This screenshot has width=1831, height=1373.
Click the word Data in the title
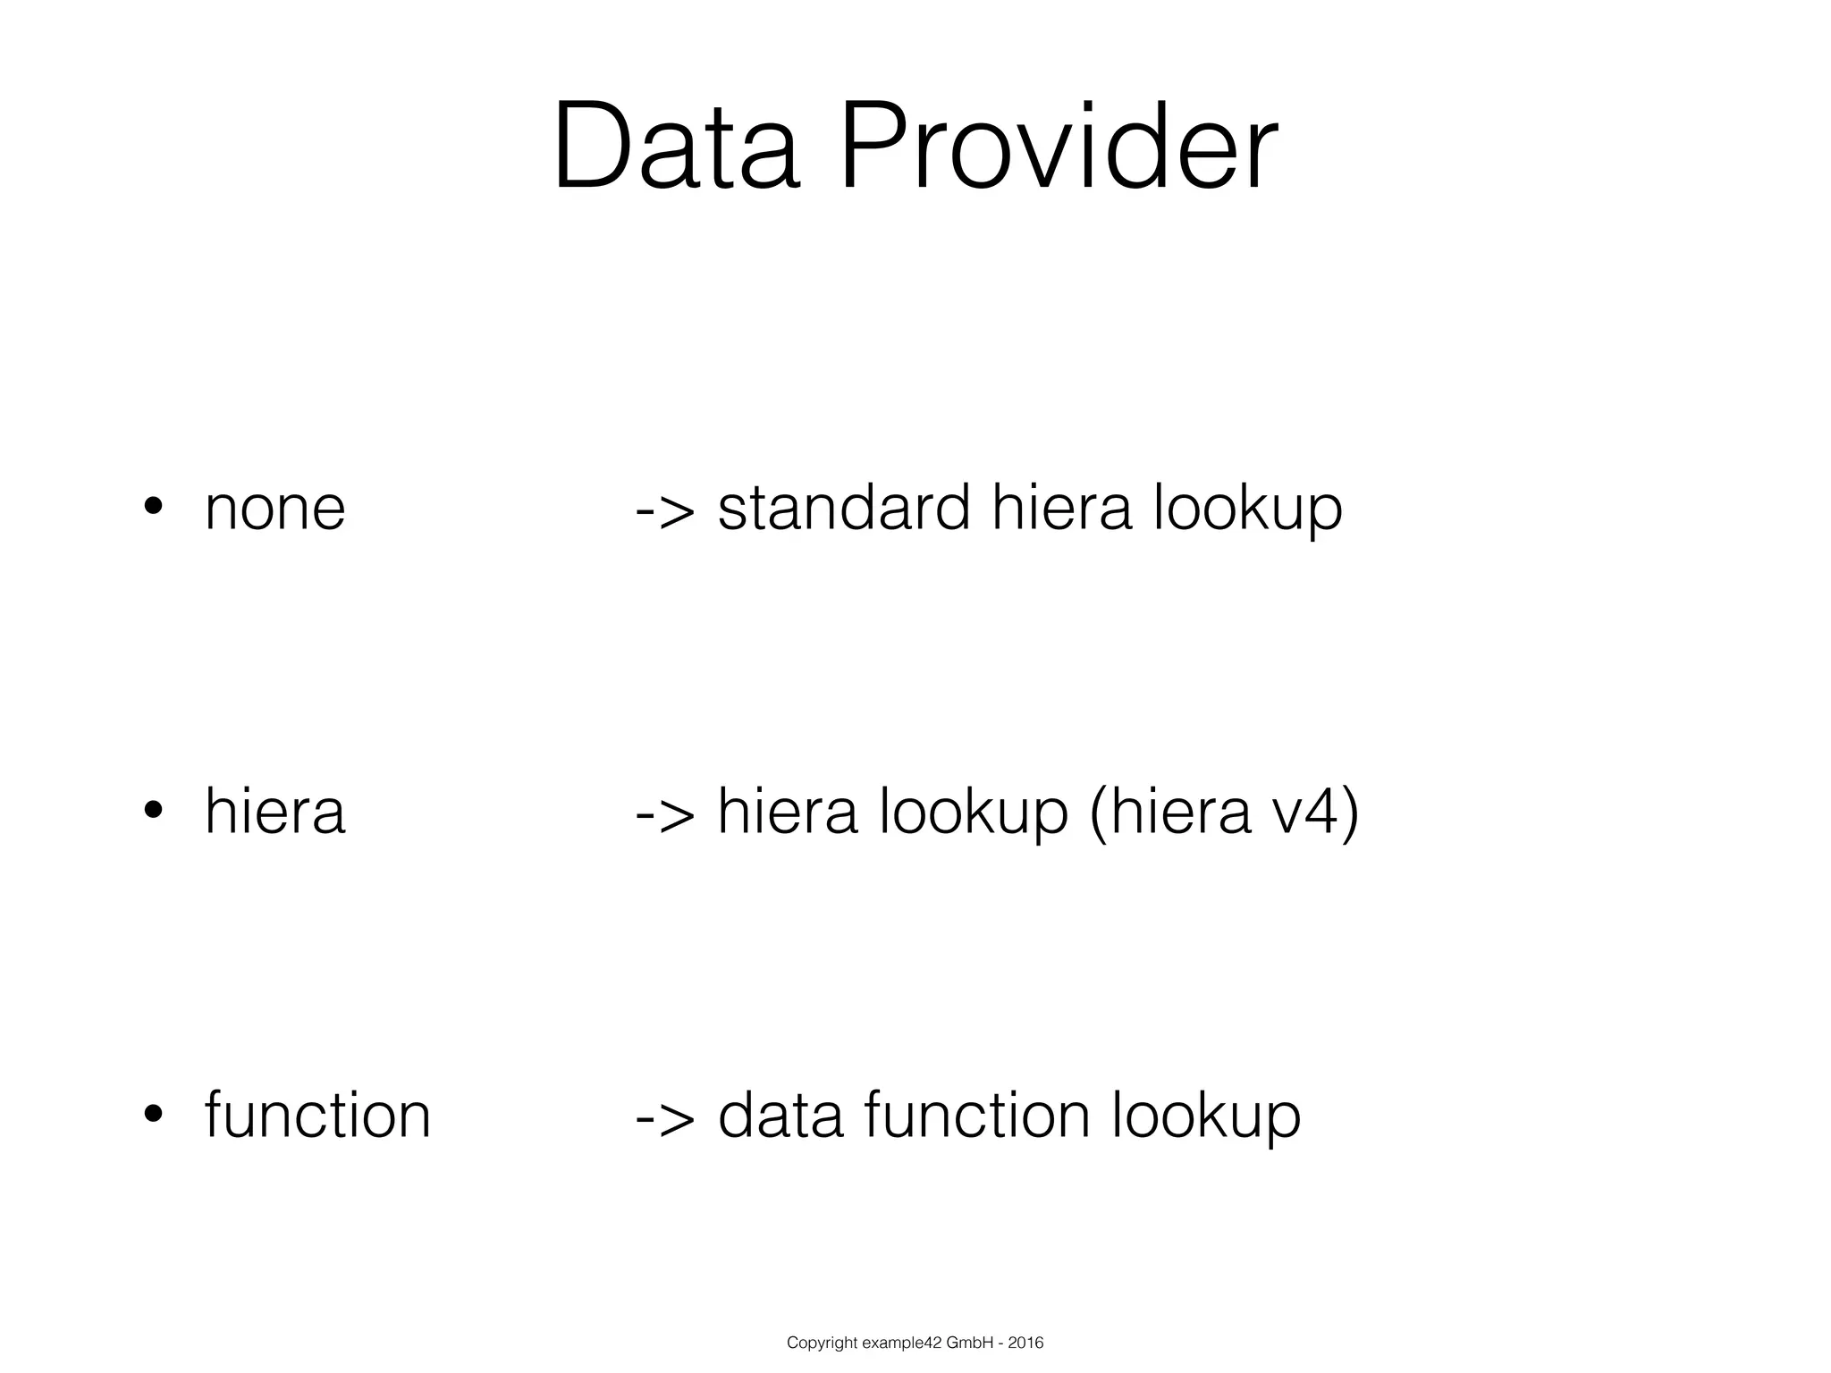tap(676, 148)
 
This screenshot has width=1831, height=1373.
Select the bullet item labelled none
tap(274, 509)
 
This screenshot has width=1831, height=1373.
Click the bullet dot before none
tap(153, 506)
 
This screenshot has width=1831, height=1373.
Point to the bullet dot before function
tap(153, 1114)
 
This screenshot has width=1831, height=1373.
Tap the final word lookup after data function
tap(1206, 1117)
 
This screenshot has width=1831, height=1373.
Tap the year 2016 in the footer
tap(1025, 1343)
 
